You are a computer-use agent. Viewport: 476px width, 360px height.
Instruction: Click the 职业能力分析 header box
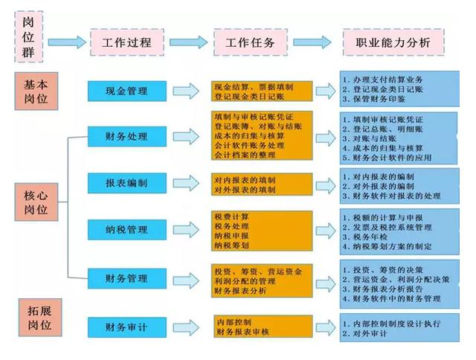pyautogui.click(x=393, y=42)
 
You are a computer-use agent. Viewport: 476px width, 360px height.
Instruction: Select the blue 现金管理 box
pyautogui.click(x=127, y=91)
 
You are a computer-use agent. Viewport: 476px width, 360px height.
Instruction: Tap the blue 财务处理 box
pyautogui.click(x=127, y=137)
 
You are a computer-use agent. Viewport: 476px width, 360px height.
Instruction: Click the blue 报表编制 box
pyautogui.click(x=127, y=183)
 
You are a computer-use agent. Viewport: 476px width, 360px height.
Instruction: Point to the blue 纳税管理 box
pyautogui.click(x=127, y=230)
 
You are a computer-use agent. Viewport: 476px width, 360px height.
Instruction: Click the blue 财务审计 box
pyautogui.click(x=127, y=325)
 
